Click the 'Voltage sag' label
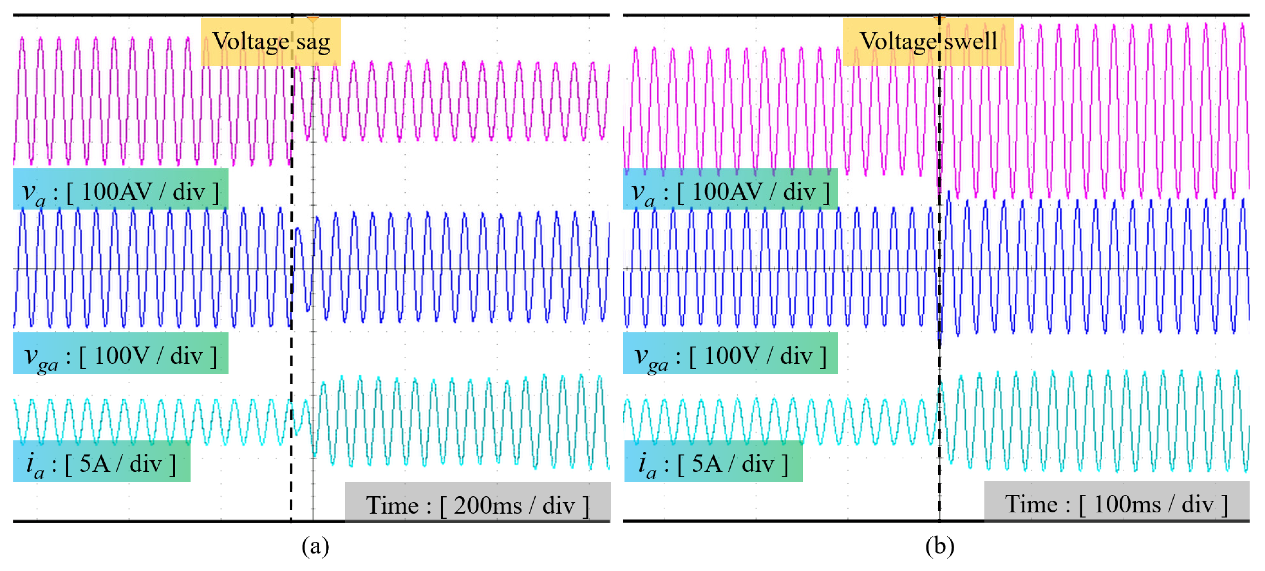click(271, 42)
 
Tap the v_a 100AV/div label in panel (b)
click(730, 191)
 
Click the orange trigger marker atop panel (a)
click(313, 19)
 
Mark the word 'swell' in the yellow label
click(970, 42)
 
